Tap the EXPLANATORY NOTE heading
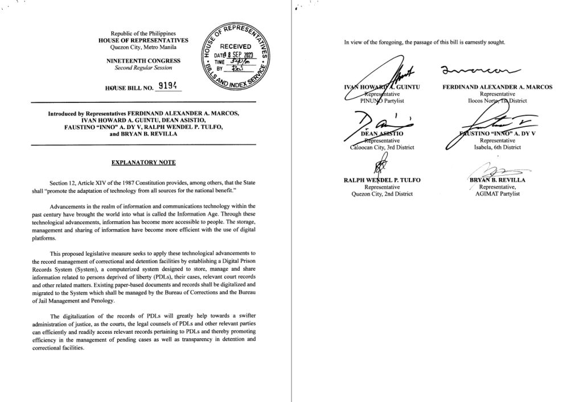pyautogui.click(x=143, y=163)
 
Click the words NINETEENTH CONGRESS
pyautogui.click(x=143, y=60)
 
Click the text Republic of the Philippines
pyautogui.click(x=143, y=35)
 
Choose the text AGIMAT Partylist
pyautogui.click(x=494, y=193)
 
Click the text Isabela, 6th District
pyautogui.click(x=494, y=148)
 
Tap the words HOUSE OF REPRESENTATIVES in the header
pyautogui.click(x=143, y=42)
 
